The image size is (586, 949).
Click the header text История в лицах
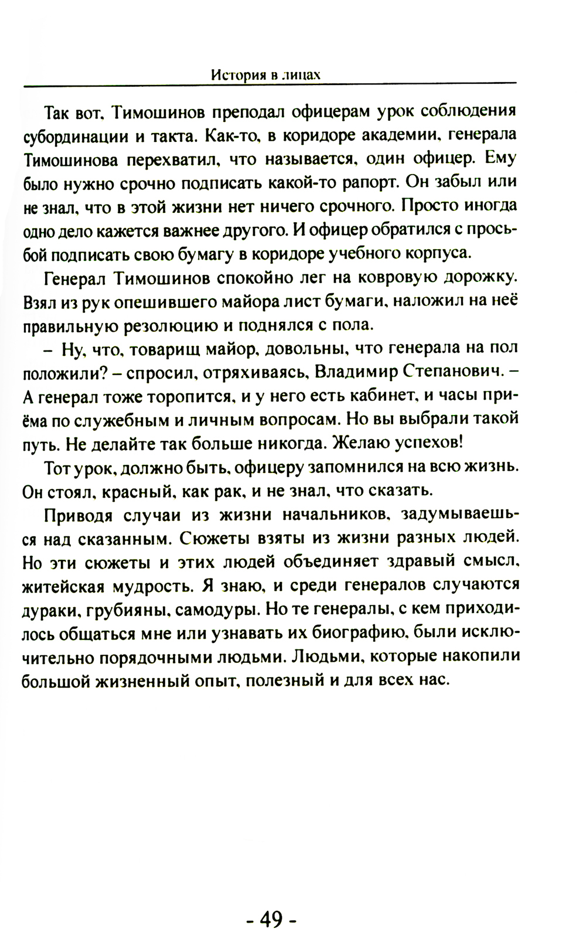click(265, 75)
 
